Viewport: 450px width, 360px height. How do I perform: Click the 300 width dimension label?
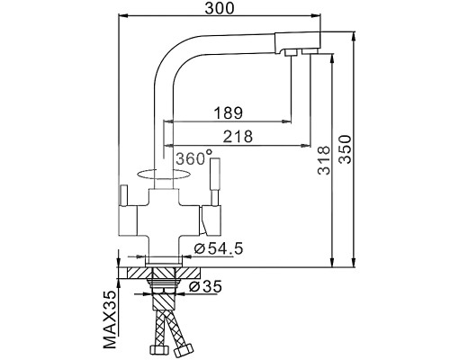(x=220, y=8)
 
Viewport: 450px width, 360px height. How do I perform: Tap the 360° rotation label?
(x=193, y=157)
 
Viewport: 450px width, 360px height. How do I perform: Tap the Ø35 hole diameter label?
(x=208, y=286)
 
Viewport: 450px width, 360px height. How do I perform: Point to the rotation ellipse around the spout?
(x=158, y=172)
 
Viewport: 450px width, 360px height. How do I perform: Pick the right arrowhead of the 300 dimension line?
(x=319, y=15)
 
